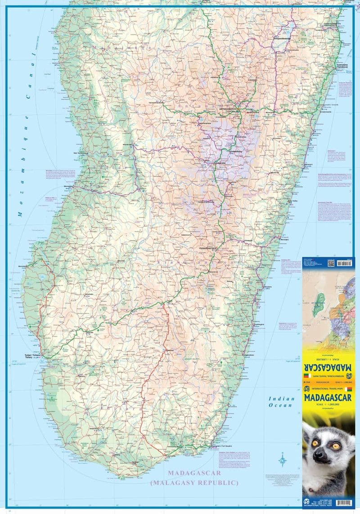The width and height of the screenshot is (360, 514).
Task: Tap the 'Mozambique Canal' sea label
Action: coord(27,135)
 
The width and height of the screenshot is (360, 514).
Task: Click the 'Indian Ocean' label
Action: coord(281,402)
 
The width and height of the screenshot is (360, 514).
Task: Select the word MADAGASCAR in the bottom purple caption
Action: coord(194,473)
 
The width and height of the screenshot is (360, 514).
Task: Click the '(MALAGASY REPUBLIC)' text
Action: coord(194,483)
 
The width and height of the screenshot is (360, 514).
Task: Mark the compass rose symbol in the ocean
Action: coord(282,459)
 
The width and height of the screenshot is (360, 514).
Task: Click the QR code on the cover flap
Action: coord(331,264)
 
